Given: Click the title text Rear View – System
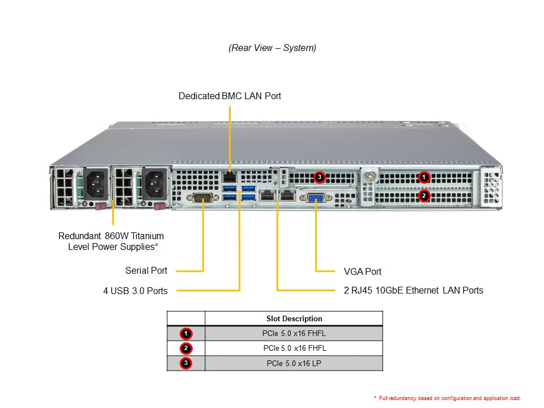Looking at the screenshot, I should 272,48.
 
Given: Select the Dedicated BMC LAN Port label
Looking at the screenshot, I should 229,96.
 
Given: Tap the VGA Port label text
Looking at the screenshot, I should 363,272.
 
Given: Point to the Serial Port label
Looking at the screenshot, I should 146,271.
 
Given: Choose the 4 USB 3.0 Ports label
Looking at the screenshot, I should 135,291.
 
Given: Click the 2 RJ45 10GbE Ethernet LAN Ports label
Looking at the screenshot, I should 414,291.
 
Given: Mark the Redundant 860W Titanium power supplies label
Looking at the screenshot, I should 112,241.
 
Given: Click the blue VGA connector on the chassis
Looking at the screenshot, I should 315,198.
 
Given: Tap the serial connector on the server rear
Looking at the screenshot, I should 203,197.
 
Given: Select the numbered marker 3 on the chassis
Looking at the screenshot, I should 320,177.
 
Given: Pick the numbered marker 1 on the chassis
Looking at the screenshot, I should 424,177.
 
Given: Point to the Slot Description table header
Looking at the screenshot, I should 294,318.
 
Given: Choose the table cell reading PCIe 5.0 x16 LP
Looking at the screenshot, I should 294,363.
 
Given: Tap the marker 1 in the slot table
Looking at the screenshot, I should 186,333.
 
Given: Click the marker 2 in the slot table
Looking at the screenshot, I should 186,348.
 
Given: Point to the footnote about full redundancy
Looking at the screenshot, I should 447,398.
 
